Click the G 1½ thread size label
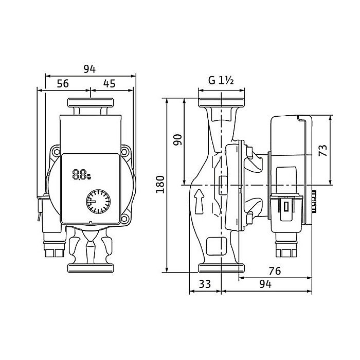(x=221, y=80)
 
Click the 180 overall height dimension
(x=160, y=184)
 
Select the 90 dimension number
(x=177, y=140)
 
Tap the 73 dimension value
(x=323, y=150)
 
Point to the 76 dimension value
(x=275, y=271)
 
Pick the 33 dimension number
(x=205, y=284)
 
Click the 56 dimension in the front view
(x=63, y=83)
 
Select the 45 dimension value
(x=109, y=83)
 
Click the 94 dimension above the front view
(x=89, y=69)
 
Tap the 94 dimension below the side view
(x=265, y=284)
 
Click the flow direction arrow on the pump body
(x=199, y=202)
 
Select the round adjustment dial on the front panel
(x=98, y=202)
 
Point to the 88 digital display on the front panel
(x=82, y=174)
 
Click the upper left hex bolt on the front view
(x=56, y=152)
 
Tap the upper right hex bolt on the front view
(x=124, y=152)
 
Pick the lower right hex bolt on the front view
(x=124, y=219)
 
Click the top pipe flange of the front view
(x=91, y=103)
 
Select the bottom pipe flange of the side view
(x=221, y=268)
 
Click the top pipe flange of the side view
(x=221, y=102)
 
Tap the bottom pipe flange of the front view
(x=91, y=268)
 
